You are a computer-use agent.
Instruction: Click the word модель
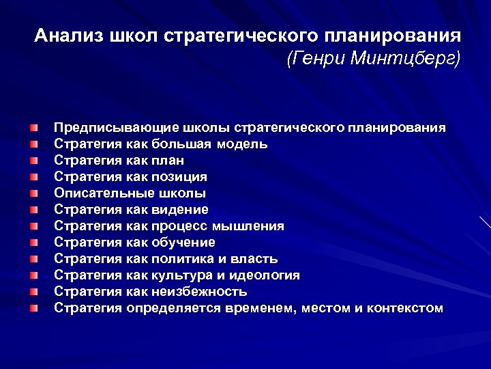(x=243, y=144)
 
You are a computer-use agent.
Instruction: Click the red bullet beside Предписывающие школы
(x=34, y=128)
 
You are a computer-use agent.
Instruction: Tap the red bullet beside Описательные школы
(x=34, y=193)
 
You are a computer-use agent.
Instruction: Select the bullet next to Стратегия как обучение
(x=34, y=243)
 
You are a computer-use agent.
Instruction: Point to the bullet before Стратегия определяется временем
(x=34, y=308)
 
